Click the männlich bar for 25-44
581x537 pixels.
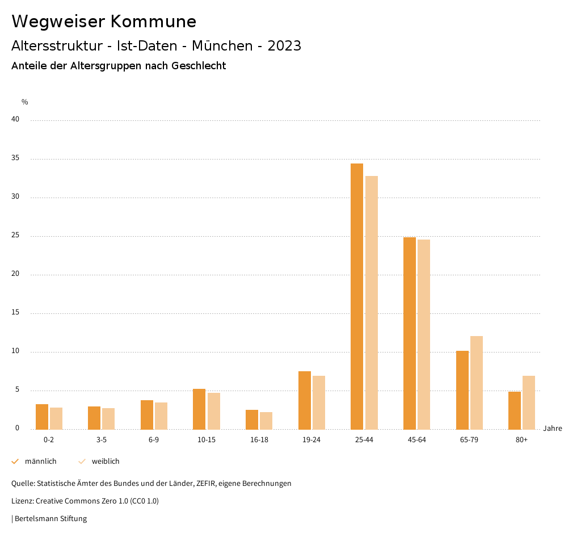[x=357, y=296]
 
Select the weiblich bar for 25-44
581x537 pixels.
[x=372, y=303]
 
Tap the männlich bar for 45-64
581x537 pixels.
[x=410, y=333]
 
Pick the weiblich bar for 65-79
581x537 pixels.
[x=477, y=383]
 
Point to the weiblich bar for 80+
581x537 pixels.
[x=529, y=402]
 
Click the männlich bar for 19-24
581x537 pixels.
[x=305, y=400]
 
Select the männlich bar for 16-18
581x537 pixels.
[x=252, y=419]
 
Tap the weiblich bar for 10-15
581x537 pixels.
[x=213, y=411]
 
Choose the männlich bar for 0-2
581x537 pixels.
[x=42, y=417]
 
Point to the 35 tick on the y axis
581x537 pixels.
[x=15, y=158]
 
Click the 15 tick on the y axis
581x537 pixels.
[x=15, y=313]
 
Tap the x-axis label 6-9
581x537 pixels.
[x=154, y=440]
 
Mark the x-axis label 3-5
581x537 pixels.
[x=101, y=440]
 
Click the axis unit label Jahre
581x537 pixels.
[x=553, y=429]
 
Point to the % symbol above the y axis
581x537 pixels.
[x=25, y=102]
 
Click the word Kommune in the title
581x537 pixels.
[x=153, y=22]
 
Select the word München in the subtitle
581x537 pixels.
[x=222, y=46]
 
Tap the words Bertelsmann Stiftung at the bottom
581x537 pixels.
[x=50, y=519]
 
